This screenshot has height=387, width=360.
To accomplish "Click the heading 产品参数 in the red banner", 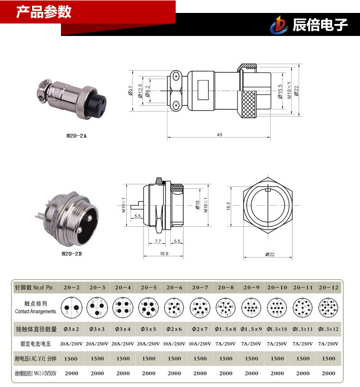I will click(44, 12).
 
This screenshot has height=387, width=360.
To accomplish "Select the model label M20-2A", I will click(77, 136).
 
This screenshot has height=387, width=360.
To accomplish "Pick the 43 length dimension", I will click(219, 135).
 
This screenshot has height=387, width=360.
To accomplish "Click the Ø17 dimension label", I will click(131, 90).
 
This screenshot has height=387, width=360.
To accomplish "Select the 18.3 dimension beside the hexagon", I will click(229, 206).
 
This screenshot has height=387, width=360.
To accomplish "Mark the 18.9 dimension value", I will click(164, 253).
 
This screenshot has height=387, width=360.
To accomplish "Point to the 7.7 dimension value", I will click(158, 241).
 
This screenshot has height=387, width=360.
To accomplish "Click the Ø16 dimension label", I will click(197, 205).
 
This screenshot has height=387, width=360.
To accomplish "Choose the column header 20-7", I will click(200, 287).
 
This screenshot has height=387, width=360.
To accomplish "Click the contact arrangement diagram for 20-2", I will click(72, 307).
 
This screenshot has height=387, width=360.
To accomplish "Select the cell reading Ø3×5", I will click(149, 329).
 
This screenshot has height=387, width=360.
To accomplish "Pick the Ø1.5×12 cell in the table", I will click(329, 329).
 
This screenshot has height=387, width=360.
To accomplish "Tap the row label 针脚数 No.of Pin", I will click(36, 287).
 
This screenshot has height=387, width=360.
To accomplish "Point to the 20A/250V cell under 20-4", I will click(123, 344).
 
